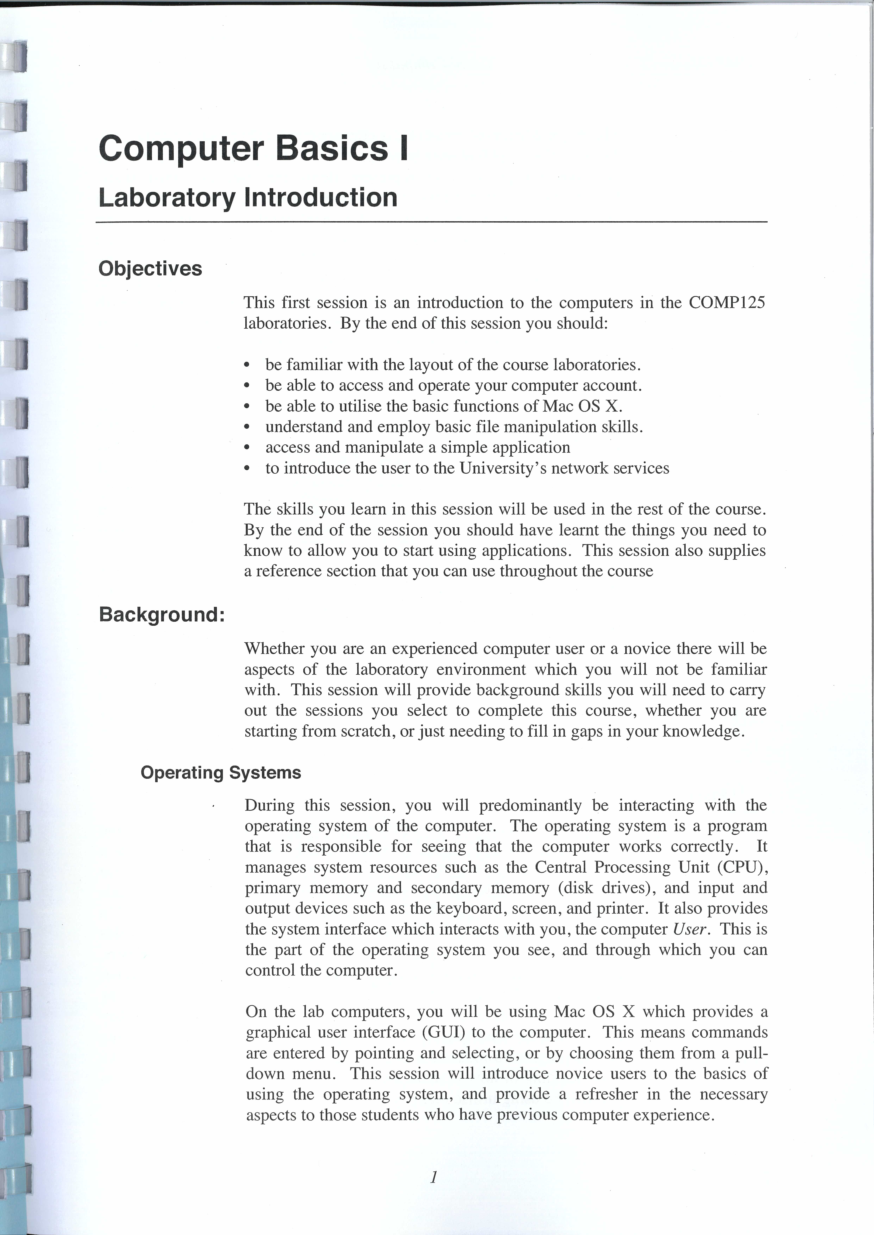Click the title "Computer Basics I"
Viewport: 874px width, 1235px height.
coord(253,148)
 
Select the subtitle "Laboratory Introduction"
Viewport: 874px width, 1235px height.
coord(248,197)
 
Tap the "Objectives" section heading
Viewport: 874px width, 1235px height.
coord(150,268)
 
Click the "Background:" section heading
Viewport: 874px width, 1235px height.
coord(161,614)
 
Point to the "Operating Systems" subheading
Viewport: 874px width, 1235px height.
coord(221,772)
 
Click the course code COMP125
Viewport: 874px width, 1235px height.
coord(726,303)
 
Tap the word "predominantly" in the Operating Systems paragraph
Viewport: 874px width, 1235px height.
coord(530,805)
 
